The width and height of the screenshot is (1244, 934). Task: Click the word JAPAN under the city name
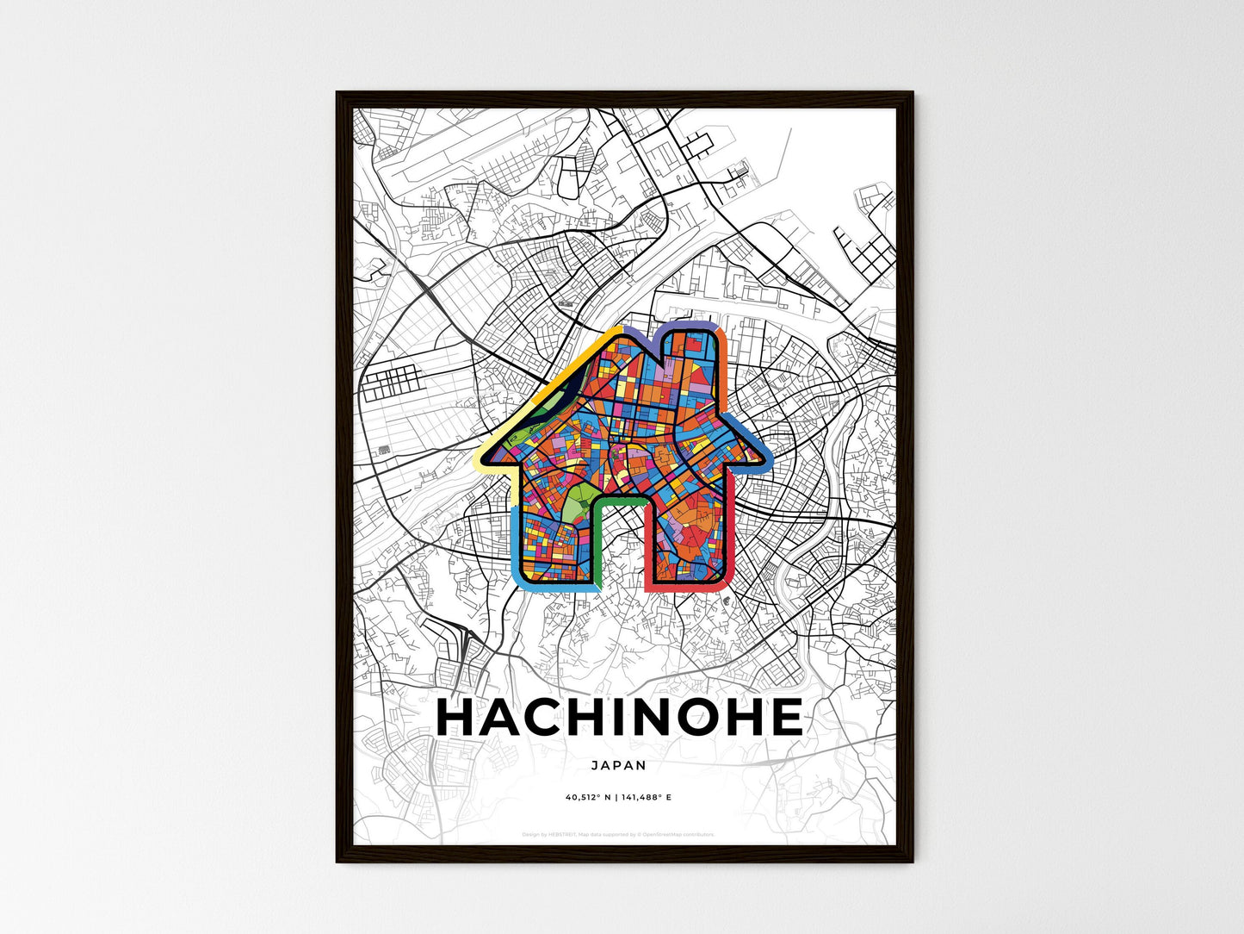tap(618, 765)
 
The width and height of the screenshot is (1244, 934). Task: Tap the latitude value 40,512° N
tap(588, 798)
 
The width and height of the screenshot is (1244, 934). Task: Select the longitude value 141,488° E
tap(646, 798)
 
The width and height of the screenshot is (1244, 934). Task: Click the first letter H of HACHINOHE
tap(458, 718)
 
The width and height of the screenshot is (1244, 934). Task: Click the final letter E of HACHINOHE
tap(784, 718)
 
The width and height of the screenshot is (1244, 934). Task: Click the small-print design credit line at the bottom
tap(618, 834)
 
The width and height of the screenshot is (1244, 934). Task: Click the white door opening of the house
tap(619, 551)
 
